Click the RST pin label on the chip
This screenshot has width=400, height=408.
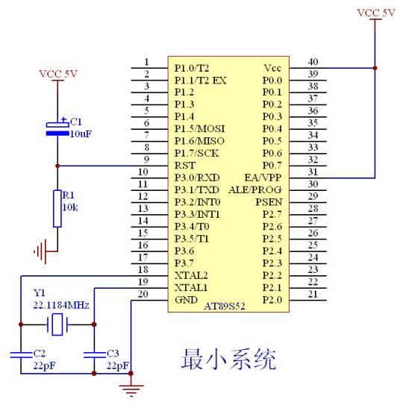(x=185, y=166)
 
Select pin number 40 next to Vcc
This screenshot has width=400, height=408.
(x=313, y=62)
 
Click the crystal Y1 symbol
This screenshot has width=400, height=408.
(x=57, y=324)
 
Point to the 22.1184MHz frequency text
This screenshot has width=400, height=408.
(x=61, y=305)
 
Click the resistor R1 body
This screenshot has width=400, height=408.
(x=57, y=208)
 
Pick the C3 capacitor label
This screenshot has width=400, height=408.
(x=113, y=353)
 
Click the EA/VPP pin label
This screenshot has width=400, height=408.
(x=263, y=178)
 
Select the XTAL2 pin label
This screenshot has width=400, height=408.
(x=191, y=275)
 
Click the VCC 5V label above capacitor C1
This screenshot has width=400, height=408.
(x=57, y=74)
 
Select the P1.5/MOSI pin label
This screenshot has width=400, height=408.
(x=199, y=129)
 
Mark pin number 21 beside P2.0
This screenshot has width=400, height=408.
(x=313, y=294)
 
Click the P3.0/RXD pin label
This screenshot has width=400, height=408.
(x=197, y=178)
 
